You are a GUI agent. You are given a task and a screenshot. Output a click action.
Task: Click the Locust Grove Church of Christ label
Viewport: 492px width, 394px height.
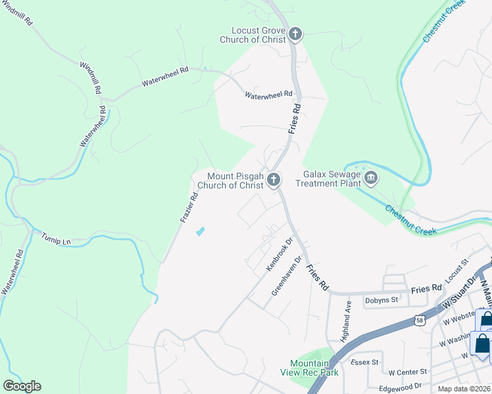coord(258,35)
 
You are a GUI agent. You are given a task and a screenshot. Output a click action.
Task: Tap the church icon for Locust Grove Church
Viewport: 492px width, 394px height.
coord(295,34)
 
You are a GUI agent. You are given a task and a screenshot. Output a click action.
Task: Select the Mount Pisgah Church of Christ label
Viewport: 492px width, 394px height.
coord(235,181)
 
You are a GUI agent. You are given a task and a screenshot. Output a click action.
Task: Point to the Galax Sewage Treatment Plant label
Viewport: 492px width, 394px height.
coord(332,179)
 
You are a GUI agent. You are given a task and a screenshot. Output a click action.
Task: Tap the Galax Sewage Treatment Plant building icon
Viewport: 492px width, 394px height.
coord(370,178)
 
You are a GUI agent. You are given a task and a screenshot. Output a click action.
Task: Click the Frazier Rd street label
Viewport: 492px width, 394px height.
coord(189,207)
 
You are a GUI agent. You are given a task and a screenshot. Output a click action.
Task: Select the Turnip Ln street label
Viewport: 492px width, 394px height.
coord(56,238)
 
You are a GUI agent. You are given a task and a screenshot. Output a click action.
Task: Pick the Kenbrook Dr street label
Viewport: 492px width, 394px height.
coord(278,255)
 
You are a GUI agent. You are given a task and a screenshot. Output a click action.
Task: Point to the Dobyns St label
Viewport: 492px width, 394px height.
coord(382,299)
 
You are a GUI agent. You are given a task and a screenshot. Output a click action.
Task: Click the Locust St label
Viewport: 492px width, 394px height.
coord(455,271)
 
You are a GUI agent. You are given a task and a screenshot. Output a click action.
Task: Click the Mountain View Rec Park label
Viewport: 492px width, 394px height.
coord(314,368)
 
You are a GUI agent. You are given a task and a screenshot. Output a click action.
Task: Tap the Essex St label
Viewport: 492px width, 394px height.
coord(364,362)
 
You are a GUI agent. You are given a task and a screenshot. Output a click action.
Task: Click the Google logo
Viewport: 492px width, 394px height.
coord(22,386)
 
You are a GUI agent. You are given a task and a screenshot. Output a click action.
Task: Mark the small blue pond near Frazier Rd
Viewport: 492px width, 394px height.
coord(200,231)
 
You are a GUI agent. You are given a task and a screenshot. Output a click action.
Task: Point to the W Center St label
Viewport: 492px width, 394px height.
coord(408,372)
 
